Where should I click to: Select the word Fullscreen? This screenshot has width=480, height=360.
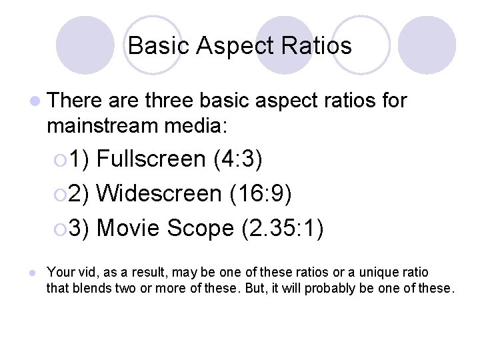click(151, 159)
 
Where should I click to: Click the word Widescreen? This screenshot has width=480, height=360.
click(159, 194)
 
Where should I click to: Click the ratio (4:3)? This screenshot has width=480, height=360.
click(238, 159)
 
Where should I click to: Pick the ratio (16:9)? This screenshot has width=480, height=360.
click(259, 194)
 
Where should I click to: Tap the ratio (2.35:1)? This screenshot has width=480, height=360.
click(283, 229)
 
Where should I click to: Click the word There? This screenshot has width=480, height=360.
click(74, 101)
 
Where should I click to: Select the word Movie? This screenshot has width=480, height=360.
click(129, 229)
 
